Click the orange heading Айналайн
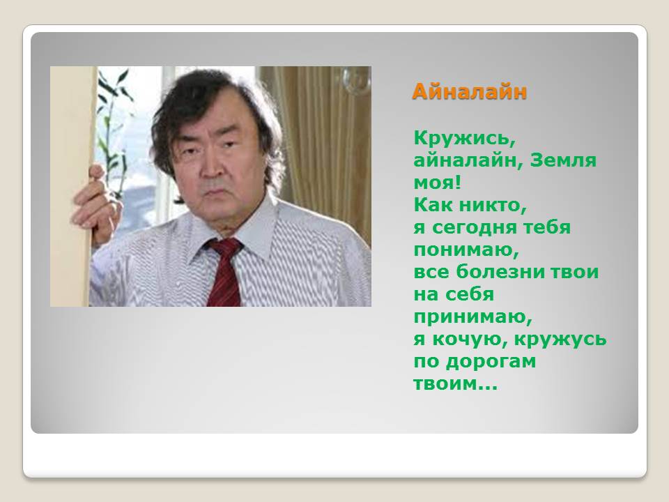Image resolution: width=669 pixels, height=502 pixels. click(469, 92)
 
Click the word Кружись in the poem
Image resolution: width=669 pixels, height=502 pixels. click(465, 138)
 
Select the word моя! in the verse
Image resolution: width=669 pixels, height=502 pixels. click(438, 183)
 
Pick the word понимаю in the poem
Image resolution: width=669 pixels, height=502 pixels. click(466, 250)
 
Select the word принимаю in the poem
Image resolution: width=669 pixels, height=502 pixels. click(472, 317)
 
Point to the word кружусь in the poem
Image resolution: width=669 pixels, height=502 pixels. click(560, 340)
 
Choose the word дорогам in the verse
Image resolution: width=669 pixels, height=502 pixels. click(491, 362)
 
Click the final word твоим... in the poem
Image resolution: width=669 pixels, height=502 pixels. click(456, 383)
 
